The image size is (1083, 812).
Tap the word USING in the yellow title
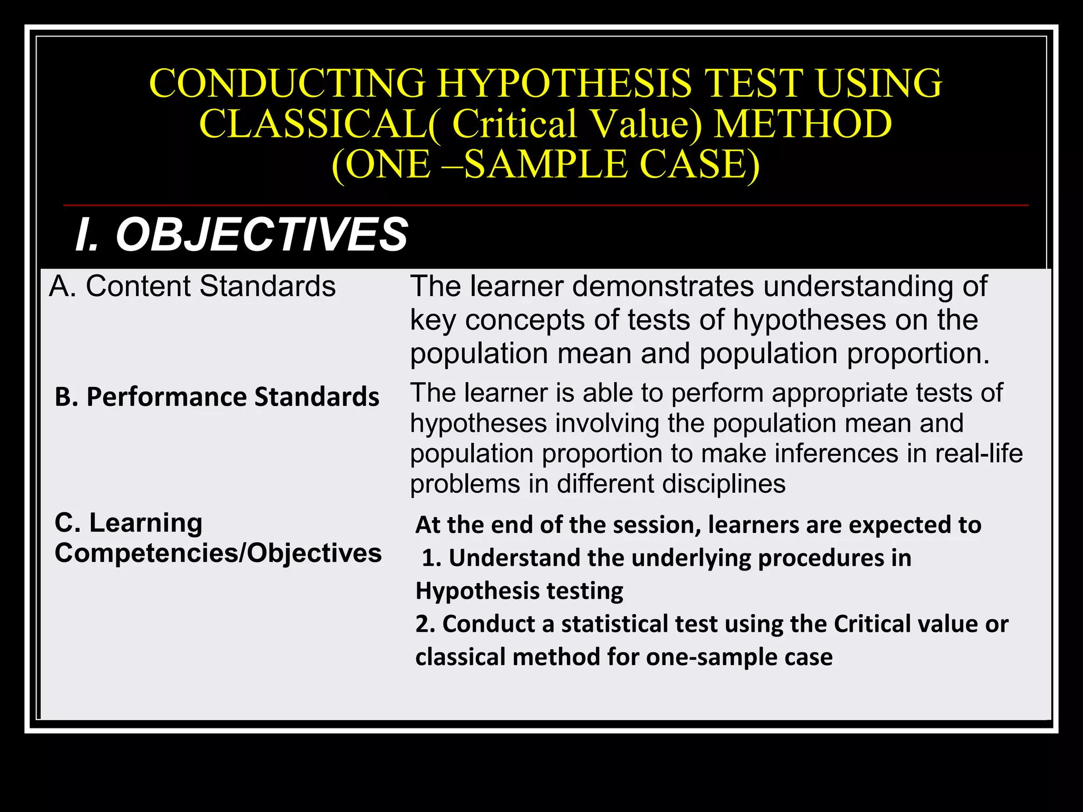click(878, 84)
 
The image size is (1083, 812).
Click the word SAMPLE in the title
click(546, 164)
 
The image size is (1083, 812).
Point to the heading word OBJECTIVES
click(262, 235)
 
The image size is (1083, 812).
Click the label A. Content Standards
click(192, 287)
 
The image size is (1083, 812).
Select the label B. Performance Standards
click(217, 396)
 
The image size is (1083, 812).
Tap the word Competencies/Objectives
click(218, 553)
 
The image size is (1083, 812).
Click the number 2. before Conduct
click(425, 624)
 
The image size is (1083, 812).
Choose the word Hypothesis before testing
click(478, 591)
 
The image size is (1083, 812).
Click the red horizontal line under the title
click(546, 205)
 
